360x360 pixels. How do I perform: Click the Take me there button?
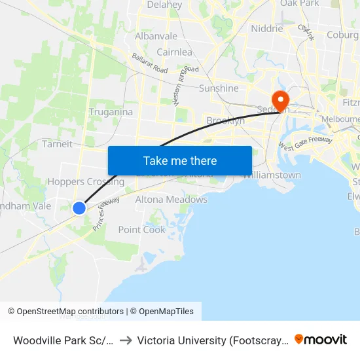(x=180, y=161)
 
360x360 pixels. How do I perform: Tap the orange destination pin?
(x=281, y=100)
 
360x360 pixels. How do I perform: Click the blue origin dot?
(x=79, y=208)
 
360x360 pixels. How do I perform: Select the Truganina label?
(x=111, y=112)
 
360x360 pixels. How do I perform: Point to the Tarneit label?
(x=57, y=144)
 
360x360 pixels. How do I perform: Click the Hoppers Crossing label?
(x=86, y=182)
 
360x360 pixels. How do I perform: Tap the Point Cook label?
(x=142, y=230)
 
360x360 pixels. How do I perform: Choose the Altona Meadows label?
(x=171, y=200)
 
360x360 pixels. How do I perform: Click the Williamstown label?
(x=272, y=175)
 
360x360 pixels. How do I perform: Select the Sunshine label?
(x=219, y=88)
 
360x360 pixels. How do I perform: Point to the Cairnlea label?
(x=174, y=52)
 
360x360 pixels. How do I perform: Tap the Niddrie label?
(x=267, y=29)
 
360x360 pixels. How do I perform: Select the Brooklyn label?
(x=225, y=121)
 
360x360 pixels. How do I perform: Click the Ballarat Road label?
(x=150, y=63)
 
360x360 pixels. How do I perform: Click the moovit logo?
(x=321, y=340)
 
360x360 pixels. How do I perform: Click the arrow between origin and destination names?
(x=126, y=340)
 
